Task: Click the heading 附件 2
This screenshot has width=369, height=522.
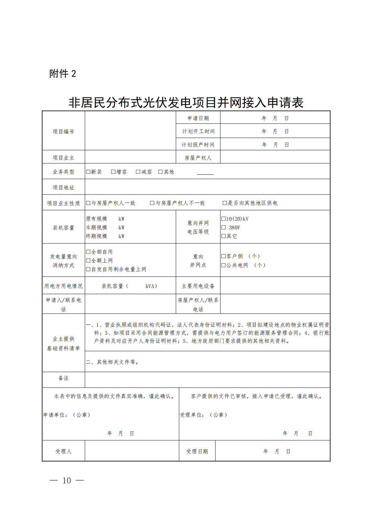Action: tap(63, 74)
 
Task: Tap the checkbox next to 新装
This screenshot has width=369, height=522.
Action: tap(88, 172)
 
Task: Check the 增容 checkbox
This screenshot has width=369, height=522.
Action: tap(113, 172)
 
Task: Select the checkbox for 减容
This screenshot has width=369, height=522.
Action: tap(138, 172)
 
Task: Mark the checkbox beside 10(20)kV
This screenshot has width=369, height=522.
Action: tap(223, 219)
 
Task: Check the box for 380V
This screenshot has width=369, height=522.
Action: tap(223, 227)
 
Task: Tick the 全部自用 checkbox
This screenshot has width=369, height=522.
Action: tap(88, 252)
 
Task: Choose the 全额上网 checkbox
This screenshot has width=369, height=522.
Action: tap(88, 260)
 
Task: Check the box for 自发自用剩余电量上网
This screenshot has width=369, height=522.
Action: tap(88, 269)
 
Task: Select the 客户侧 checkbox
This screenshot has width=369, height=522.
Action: tap(223, 256)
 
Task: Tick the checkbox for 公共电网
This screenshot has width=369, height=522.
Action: tap(223, 265)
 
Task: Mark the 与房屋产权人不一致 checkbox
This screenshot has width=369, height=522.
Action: tap(152, 203)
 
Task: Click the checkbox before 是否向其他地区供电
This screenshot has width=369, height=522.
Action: tap(225, 203)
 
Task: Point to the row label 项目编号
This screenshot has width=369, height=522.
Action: tap(63, 132)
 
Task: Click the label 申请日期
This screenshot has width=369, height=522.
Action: tap(198, 118)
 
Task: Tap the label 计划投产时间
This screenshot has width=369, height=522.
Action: tap(198, 145)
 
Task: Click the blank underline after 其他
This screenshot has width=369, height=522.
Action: tap(205, 173)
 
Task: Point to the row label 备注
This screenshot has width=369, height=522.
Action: tap(63, 378)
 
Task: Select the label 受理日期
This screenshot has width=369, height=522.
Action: tap(197, 451)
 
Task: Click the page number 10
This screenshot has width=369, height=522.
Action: tap(67, 480)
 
